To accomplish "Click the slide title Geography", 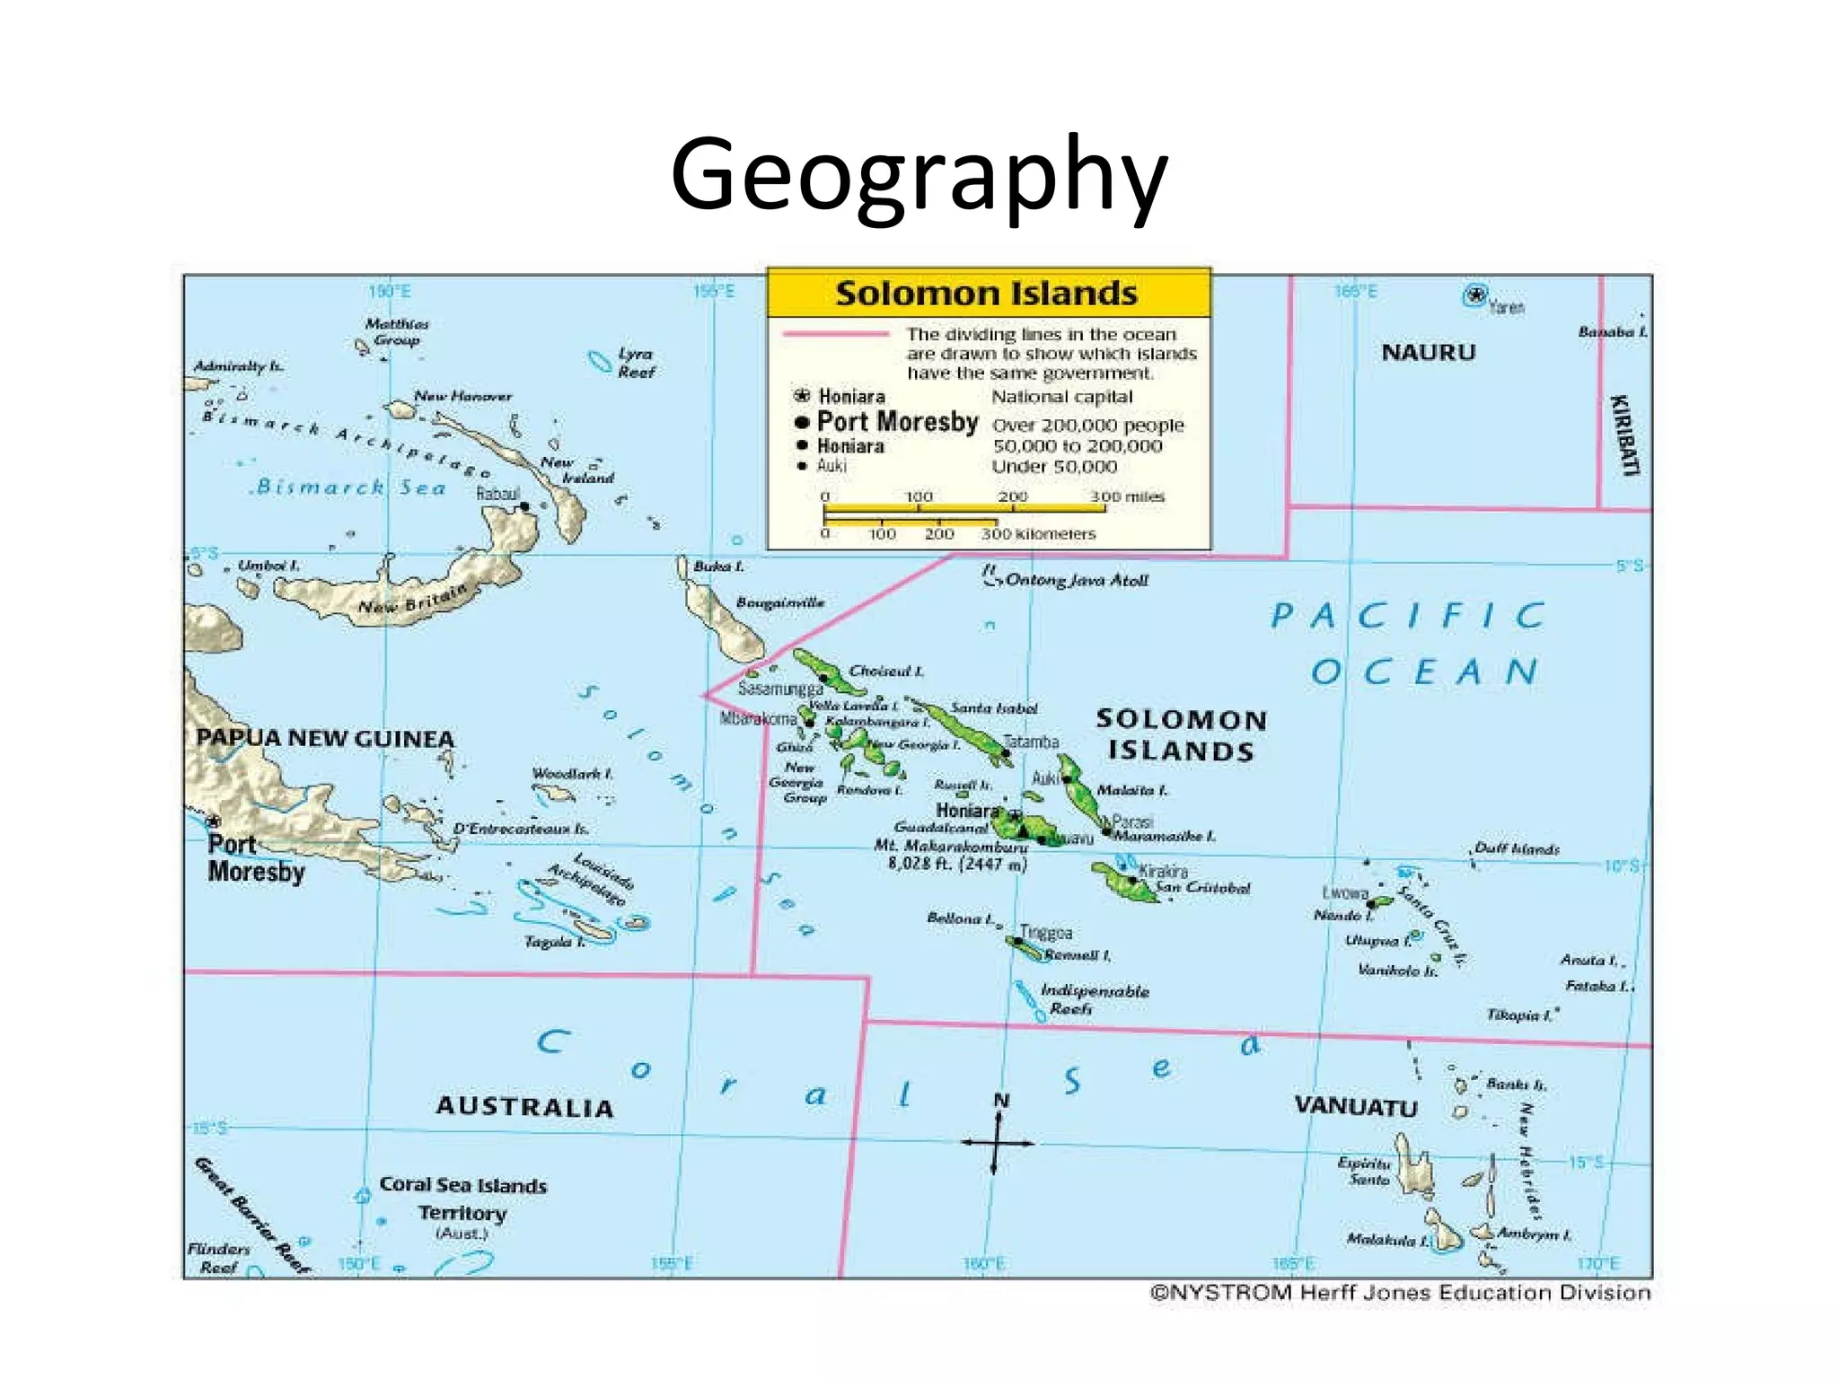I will [919, 175].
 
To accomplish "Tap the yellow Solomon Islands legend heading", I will [987, 294].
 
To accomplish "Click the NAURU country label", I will [1428, 352].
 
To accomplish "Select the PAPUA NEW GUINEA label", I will [325, 739].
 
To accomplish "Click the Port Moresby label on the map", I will [256, 858].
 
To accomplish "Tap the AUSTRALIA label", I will [524, 1107].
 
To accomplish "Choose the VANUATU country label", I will [1355, 1106].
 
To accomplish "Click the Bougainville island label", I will [779, 602].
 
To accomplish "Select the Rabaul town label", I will [498, 494].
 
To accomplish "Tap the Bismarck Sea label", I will [350, 487].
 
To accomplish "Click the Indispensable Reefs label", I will [1093, 1000].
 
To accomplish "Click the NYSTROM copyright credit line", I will [1400, 1293].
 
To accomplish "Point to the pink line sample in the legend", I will [835, 334].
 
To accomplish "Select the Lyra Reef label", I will [636, 363].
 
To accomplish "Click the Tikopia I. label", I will [1519, 1015].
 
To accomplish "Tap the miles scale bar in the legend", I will [964, 509].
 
